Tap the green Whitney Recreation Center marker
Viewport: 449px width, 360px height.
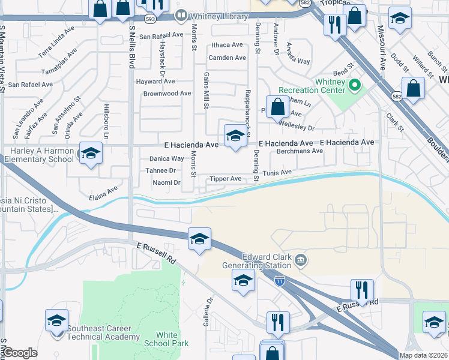(x=354, y=85)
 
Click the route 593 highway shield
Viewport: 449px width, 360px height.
(x=149, y=19)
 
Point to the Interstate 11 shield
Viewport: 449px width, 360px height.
(x=279, y=280)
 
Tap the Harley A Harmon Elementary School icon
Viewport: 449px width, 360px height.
(x=91, y=154)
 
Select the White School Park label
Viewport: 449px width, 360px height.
(x=166, y=339)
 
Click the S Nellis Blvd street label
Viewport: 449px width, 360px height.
(x=131, y=43)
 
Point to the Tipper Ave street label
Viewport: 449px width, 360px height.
(x=225, y=179)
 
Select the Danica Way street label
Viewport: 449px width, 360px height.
(x=166, y=159)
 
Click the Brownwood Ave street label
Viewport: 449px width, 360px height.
(x=167, y=94)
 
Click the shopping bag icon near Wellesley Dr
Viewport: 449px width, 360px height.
(x=277, y=108)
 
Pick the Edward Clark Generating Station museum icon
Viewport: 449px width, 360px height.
(x=301, y=260)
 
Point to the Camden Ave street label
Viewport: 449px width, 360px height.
(x=227, y=58)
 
